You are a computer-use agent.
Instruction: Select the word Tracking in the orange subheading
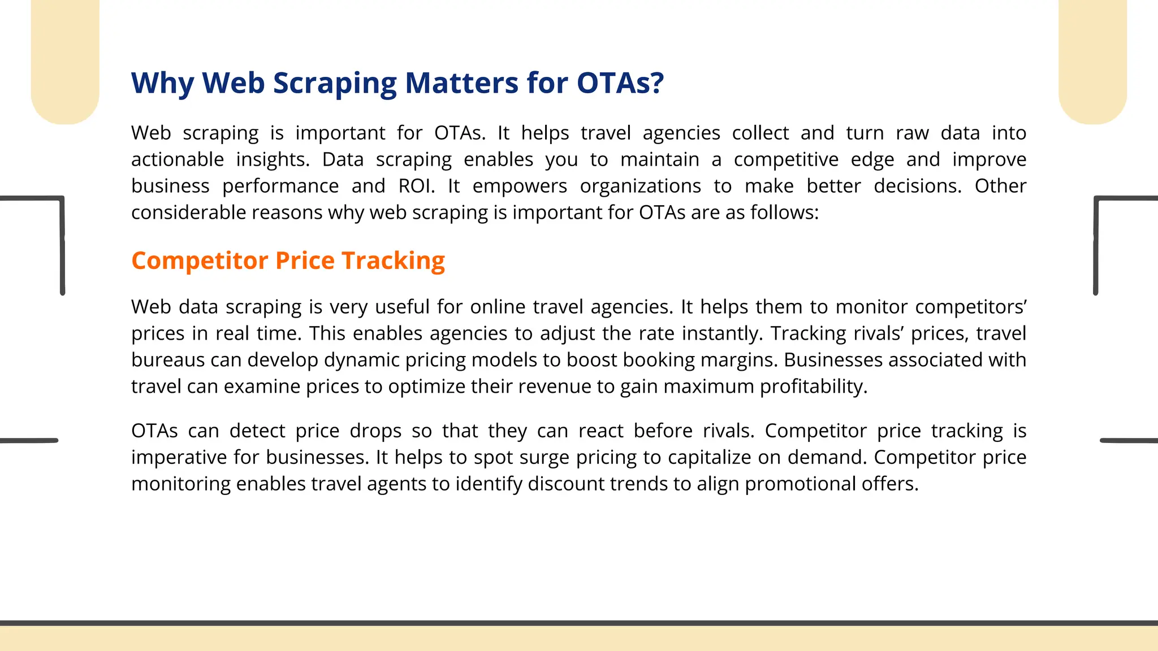[393, 261]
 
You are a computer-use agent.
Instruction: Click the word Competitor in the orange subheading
[200, 261]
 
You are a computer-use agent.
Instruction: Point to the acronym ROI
[416, 186]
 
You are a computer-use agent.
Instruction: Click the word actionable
[178, 159]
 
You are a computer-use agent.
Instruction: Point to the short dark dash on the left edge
[29, 440]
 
